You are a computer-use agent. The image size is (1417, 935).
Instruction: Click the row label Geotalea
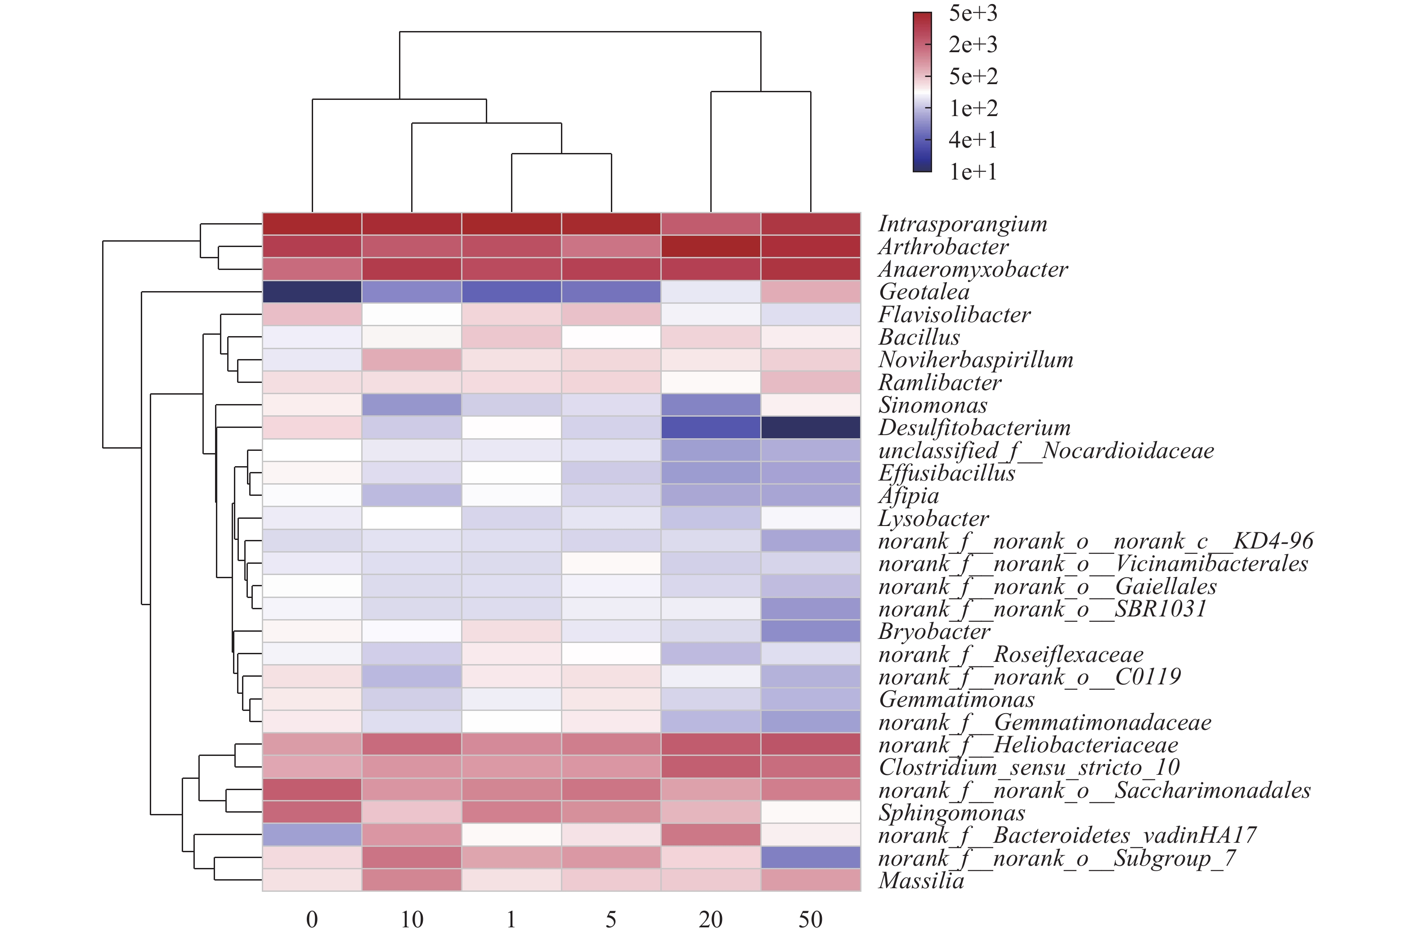(924, 292)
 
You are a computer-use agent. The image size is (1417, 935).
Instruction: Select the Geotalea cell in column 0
(312, 292)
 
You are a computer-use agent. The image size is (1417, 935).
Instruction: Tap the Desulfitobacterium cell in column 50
(811, 427)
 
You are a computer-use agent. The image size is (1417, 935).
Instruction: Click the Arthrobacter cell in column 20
(711, 246)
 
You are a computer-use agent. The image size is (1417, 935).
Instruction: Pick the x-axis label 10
(411, 920)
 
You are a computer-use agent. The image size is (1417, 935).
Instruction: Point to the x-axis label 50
(811, 920)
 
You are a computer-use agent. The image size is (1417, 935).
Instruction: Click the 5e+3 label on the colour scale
(973, 13)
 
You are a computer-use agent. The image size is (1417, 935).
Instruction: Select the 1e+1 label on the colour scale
(973, 172)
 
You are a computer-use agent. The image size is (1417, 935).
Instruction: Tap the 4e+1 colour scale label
(973, 140)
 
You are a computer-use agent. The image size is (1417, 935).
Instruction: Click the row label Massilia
(921, 881)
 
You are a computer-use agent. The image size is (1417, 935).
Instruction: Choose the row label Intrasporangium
(963, 224)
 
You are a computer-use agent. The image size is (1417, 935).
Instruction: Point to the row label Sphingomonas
(952, 813)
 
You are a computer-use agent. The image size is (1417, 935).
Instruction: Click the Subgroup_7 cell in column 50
(811, 858)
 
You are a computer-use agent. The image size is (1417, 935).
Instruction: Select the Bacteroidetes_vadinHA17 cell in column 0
(312, 835)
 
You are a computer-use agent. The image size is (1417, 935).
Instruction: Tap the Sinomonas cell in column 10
(411, 405)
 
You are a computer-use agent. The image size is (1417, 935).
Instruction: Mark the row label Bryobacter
(934, 631)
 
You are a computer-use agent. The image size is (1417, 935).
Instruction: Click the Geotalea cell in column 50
(811, 292)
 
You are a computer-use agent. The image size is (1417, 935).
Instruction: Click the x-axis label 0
(312, 920)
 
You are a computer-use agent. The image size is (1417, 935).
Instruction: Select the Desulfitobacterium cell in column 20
(711, 427)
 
